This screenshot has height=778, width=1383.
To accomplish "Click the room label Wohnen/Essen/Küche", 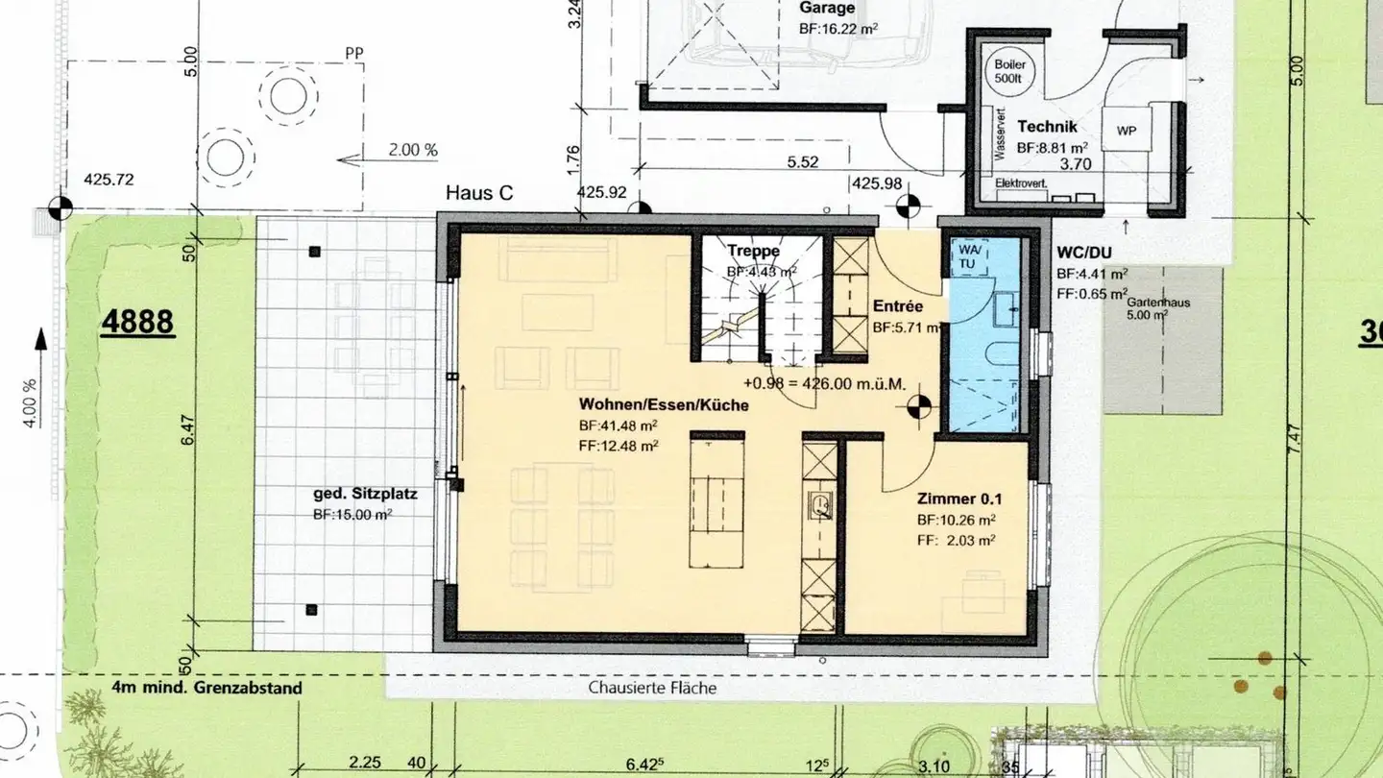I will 664,405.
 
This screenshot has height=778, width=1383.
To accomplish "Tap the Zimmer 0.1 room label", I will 959,499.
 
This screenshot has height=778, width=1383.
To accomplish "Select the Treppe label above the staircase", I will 753,252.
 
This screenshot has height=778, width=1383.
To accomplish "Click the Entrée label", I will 898,306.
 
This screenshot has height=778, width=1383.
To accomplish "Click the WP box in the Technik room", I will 1127,131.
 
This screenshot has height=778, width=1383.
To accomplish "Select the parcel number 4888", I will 138,321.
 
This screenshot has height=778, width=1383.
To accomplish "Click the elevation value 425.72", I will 109,180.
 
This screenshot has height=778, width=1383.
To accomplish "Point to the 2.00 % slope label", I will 412,150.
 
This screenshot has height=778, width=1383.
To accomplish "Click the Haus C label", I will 479,193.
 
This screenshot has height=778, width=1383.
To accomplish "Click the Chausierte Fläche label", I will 653,688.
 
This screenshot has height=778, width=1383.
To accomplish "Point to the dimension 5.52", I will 803,162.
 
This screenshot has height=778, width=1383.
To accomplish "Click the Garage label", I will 826,8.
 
